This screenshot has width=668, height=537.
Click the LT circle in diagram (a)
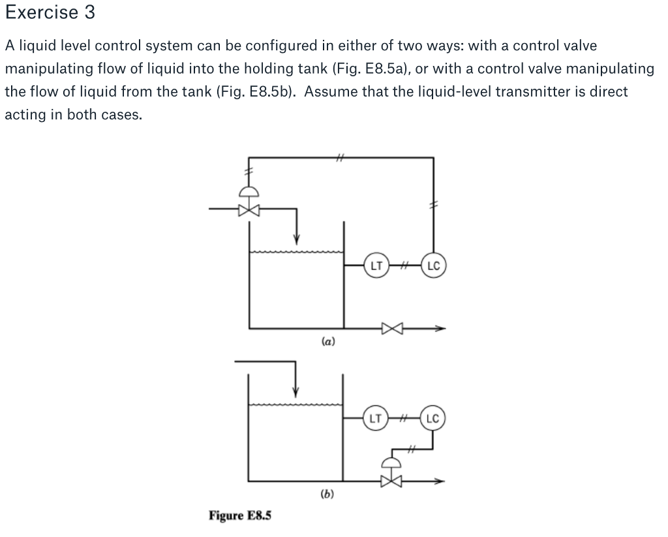(x=375, y=266)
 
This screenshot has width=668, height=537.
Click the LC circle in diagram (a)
(x=434, y=266)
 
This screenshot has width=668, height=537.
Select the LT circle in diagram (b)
(x=375, y=418)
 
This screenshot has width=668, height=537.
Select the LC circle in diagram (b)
(x=434, y=418)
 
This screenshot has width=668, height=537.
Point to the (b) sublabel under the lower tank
(x=327, y=494)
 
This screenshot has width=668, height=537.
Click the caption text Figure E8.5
(x=240, y=515)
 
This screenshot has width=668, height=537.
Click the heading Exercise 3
(x=50, y=12)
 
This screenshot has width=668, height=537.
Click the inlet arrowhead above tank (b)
(x=296, y=391)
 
